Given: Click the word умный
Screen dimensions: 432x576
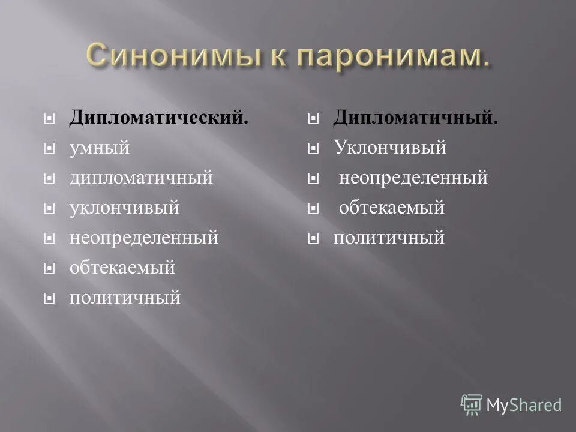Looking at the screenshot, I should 100,148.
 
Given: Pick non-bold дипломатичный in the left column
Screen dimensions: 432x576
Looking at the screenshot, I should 141,178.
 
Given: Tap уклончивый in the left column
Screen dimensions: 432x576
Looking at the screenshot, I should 125,208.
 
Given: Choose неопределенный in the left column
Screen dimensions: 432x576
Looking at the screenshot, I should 144,238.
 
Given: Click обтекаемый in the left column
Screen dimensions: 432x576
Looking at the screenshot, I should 122,268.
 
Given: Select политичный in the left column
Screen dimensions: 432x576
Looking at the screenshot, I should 125,297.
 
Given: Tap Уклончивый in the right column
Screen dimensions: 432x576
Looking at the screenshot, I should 390,148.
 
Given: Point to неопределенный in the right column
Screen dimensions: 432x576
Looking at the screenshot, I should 413,178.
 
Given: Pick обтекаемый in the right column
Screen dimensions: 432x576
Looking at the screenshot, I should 392,208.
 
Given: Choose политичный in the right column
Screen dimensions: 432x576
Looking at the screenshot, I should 389,238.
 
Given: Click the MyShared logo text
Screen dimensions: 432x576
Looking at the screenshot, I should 524,405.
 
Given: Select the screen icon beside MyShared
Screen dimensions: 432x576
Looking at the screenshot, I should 472,404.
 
